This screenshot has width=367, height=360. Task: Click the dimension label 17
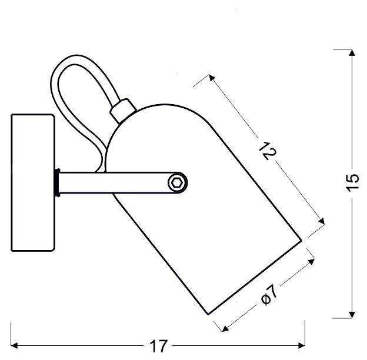(158, 346)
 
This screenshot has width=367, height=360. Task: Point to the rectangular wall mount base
(32, 182)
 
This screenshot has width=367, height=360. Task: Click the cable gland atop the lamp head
(122, 108)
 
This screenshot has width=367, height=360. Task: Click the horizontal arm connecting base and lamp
(118, 182)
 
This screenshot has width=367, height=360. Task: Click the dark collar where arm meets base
(56, 182)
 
